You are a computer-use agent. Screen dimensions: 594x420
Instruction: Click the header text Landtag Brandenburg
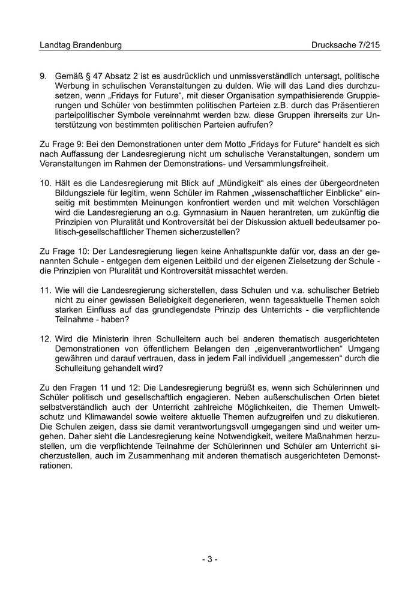pos(80,45)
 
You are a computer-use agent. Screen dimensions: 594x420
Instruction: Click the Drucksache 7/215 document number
pos(346,45)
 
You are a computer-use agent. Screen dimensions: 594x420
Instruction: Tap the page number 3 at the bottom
pos(209,559)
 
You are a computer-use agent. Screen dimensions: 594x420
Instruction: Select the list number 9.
pos(43,76)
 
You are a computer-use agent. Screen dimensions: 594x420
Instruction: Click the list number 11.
pos(45,290)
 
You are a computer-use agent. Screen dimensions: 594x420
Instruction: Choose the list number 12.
pos(45,338)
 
